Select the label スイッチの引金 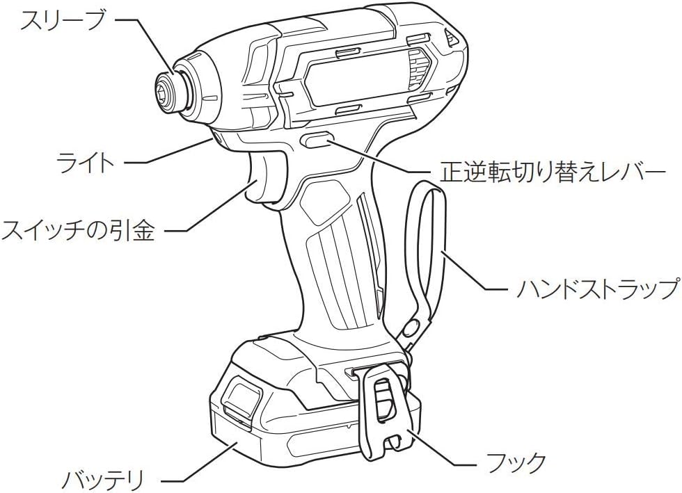coord(78,229)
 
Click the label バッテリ coord(102,480)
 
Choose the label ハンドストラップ coord(598,288)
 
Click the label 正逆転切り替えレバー coord(553,172)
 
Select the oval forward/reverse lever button coord(316,140)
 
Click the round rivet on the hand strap coord(410,328)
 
